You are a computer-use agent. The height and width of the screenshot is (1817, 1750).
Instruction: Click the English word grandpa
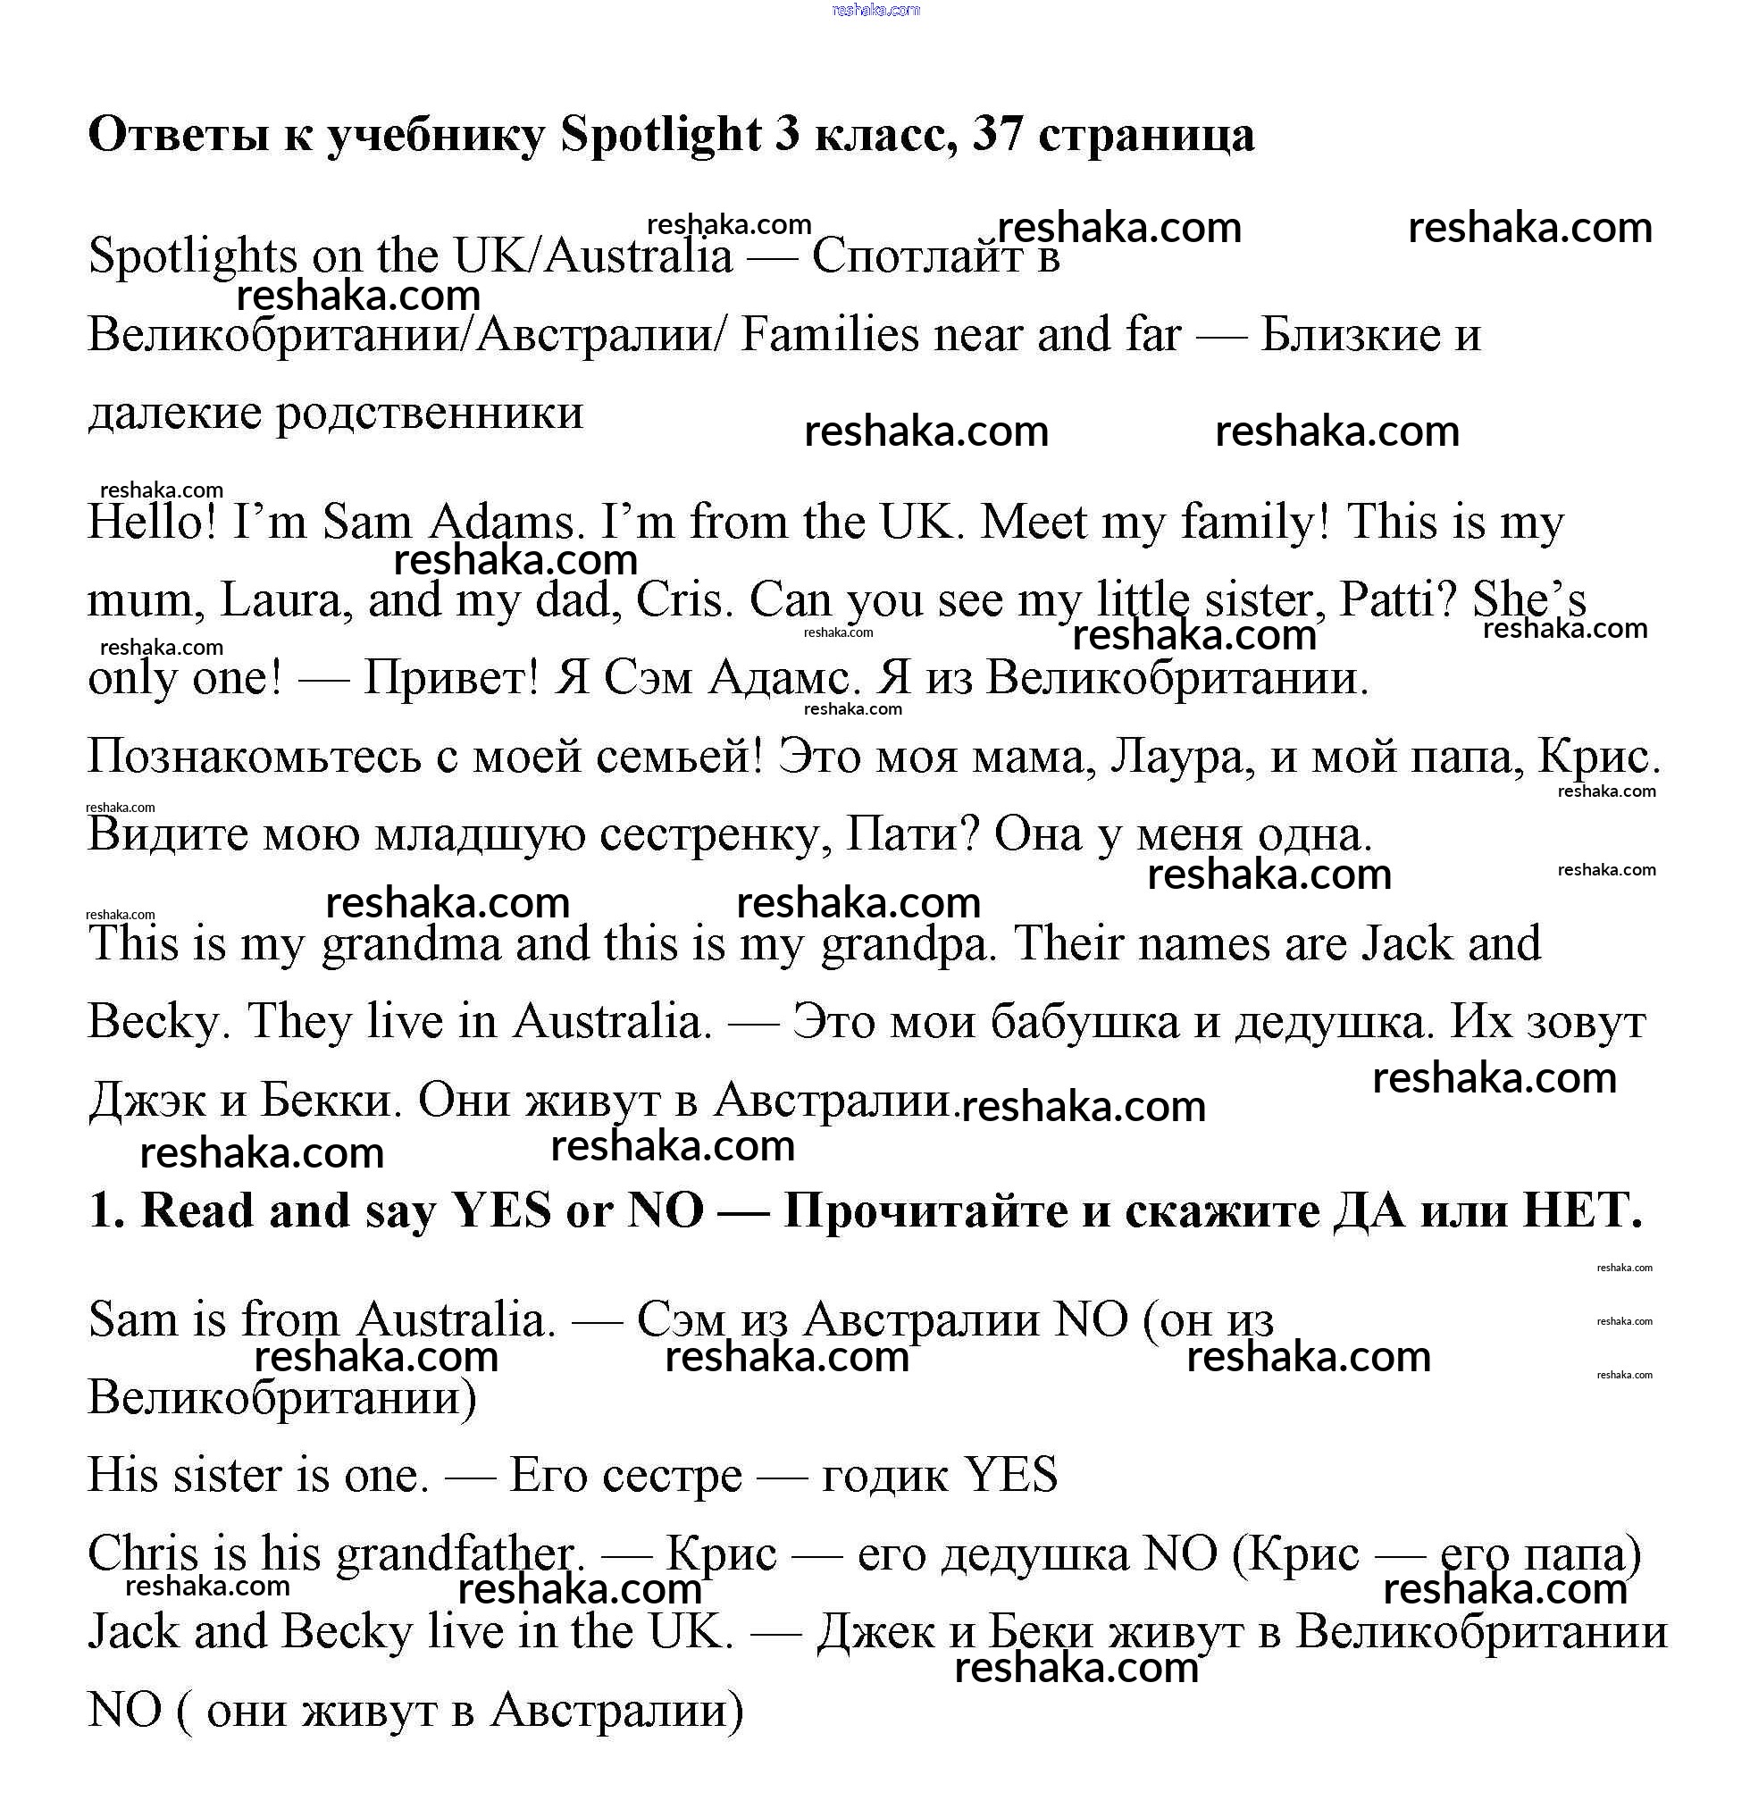click(909, 943)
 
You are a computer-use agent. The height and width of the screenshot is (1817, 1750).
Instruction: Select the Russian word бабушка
click(1084, 1023)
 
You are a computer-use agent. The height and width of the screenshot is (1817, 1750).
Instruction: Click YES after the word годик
click(1011, 1474)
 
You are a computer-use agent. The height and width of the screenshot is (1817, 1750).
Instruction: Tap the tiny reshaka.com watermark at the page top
click(876, 10)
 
